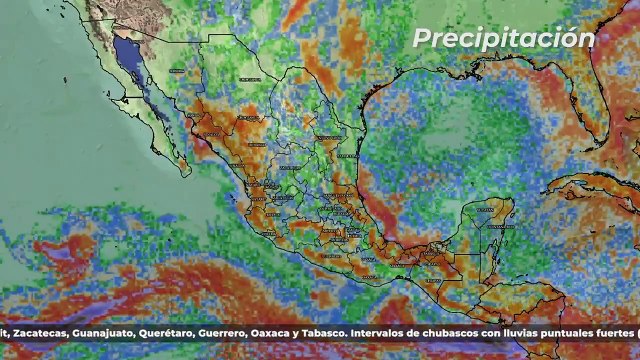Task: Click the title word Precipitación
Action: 504,38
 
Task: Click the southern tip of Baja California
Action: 186,168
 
